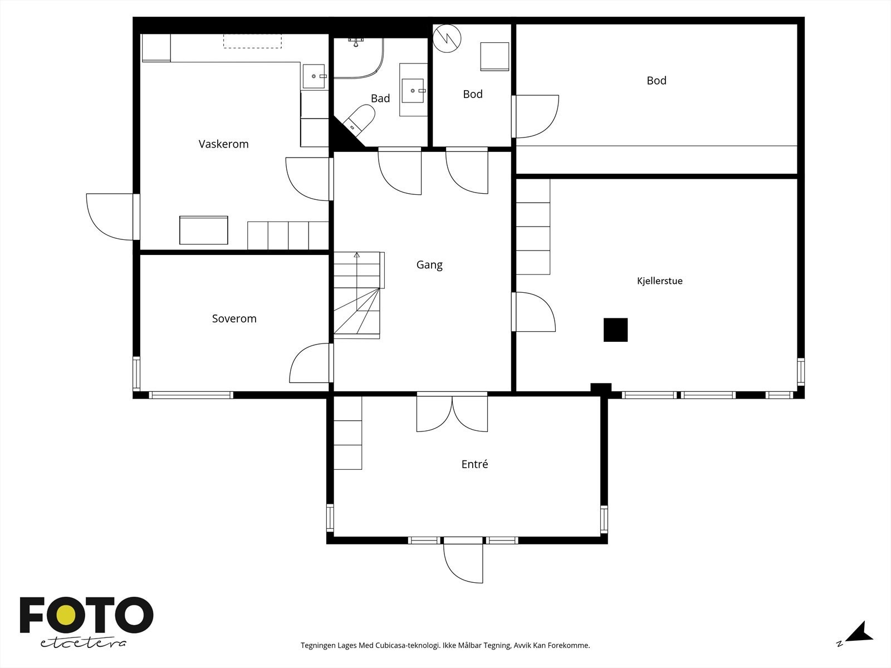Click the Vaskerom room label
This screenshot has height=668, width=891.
pyautogui.click(x=223, y=144)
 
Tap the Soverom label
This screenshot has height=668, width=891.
pyautogui.click(x=234, y=319)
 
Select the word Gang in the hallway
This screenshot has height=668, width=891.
pyautogui.click(x=429, y=266)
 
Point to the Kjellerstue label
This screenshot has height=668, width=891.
pyautogui.click(x=660, y=281)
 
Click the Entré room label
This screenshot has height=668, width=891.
pyautogui.click(x=474, y=464)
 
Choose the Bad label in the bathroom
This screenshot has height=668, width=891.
pyautogui.click(x=380, y=98)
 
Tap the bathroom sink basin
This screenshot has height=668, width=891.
pyautogui.click(x=413, y=90)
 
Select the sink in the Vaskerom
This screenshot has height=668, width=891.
pyautogui.click(x=314, y=76)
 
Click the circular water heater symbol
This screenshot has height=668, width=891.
pyautogui.click(x=447, y=38)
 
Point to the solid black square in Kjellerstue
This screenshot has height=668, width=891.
pyautogui.click(x=615, y=330)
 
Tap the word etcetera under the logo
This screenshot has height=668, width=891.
pyautogui.click(x=83, y=644)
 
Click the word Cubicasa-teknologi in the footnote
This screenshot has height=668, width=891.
pyautogui.click(x=408, y=645)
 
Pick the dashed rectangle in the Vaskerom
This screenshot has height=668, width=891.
pyautogui.click(x=252, y=41)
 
